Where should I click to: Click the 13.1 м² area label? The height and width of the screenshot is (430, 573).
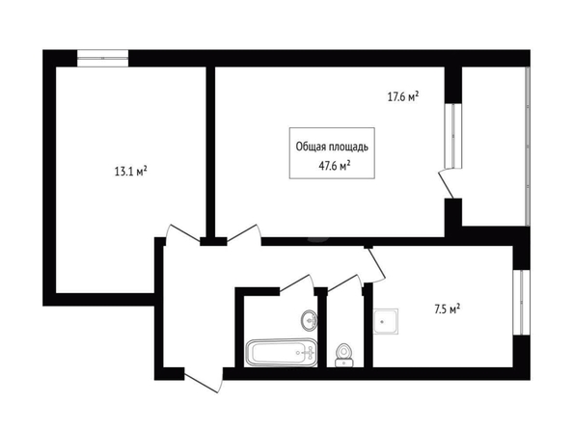click(x=131, y=171)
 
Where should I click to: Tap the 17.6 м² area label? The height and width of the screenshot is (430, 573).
click(x=403, y=96)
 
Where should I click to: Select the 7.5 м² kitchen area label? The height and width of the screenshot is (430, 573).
click(x=447, y=309)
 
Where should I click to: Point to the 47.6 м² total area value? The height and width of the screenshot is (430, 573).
click(x=335, y=166)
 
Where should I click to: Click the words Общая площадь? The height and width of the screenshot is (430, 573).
click(x=332, y=147)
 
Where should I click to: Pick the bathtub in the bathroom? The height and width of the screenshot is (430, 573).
click(x=282, y=353)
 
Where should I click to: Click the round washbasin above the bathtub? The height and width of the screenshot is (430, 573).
click(x=309, y=321)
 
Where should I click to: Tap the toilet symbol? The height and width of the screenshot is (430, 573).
click(x=343, y=355)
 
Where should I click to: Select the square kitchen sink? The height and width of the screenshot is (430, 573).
click(x=386, y=321)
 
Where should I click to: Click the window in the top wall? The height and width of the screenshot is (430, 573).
click(x=102, y=59)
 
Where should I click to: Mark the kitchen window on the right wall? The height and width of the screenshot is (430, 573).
click(x=521, y=303)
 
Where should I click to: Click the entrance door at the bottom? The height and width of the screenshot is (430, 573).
click(x=204, y=382)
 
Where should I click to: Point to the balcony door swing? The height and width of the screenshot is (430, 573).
click(x=446, y=185)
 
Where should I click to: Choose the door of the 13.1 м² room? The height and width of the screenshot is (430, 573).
click(x=182, y=233)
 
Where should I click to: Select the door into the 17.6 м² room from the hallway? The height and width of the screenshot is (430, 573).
click(x=244, y=234)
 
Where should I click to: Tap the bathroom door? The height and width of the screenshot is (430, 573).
click(x=297, y=283)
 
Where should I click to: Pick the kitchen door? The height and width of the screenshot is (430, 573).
click(x=376, y=265)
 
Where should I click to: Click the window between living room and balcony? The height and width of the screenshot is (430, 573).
click(x=453, y=136)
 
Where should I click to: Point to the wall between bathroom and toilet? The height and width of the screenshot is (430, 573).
click(x=322, y=328)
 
